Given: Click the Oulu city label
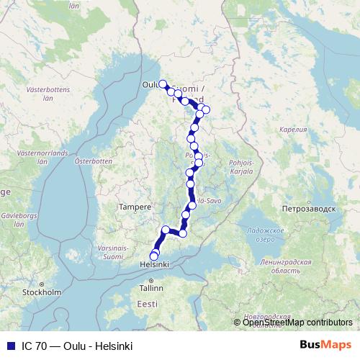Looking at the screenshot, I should click(150, 84).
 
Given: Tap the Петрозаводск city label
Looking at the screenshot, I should click(310, 208).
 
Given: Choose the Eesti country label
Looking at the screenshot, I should click(147, 304).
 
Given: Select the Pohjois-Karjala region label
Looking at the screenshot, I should click(240, 167).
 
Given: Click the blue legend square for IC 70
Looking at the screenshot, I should click(10, 346).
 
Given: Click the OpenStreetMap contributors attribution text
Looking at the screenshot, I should click(297, 323).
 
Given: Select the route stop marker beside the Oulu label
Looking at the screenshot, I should click(163, 84).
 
